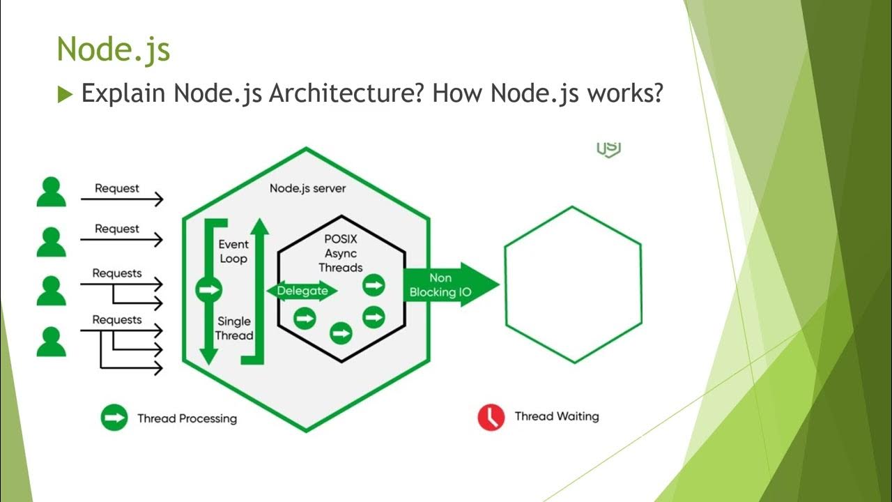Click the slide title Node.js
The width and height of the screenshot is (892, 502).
point(113,50)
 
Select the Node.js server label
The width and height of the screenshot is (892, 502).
point(307,188)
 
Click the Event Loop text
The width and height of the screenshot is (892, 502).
point(233,252)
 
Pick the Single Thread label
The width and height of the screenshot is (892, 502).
point(233,328)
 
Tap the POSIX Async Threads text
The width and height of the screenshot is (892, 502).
point(341,252)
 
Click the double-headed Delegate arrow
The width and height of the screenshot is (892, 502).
point(302,291)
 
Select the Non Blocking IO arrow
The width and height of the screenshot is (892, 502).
point(446,284)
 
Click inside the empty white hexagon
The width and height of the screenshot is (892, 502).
point(573,284)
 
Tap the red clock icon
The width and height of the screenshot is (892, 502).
point(491,417)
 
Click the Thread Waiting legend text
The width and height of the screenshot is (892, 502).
point(556,416)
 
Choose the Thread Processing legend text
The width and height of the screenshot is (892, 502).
point(187,418)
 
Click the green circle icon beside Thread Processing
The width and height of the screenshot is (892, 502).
point(114,418)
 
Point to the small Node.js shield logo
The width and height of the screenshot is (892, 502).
point(608,148)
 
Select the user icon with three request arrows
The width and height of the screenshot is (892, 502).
point(51,342)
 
